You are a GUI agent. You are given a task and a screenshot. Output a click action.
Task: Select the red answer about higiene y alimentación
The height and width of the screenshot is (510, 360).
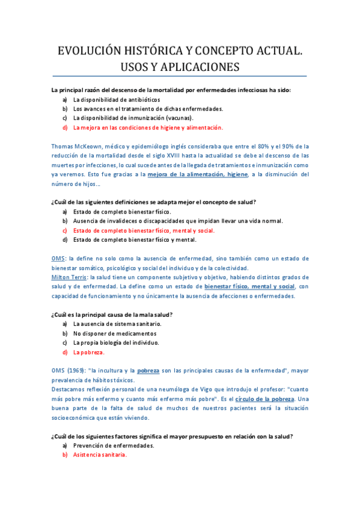point(148,127)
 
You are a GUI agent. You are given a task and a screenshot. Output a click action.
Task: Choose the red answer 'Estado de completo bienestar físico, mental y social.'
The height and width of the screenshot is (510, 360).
point(144,230)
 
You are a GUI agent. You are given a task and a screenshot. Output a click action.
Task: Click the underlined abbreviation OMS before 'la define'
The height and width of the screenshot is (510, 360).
point(58,258)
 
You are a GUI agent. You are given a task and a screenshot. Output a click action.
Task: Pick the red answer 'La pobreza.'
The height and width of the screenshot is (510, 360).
point(89,352)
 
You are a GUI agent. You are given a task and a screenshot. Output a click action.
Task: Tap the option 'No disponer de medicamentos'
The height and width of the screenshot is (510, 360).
point(115,333)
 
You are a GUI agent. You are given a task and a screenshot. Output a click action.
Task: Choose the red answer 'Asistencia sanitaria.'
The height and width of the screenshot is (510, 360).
point(100,455)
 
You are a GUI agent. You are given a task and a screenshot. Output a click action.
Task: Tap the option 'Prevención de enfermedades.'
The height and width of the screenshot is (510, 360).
point(114,446)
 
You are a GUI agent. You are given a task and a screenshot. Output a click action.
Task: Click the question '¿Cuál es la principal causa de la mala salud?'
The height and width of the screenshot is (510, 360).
point(112,314)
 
